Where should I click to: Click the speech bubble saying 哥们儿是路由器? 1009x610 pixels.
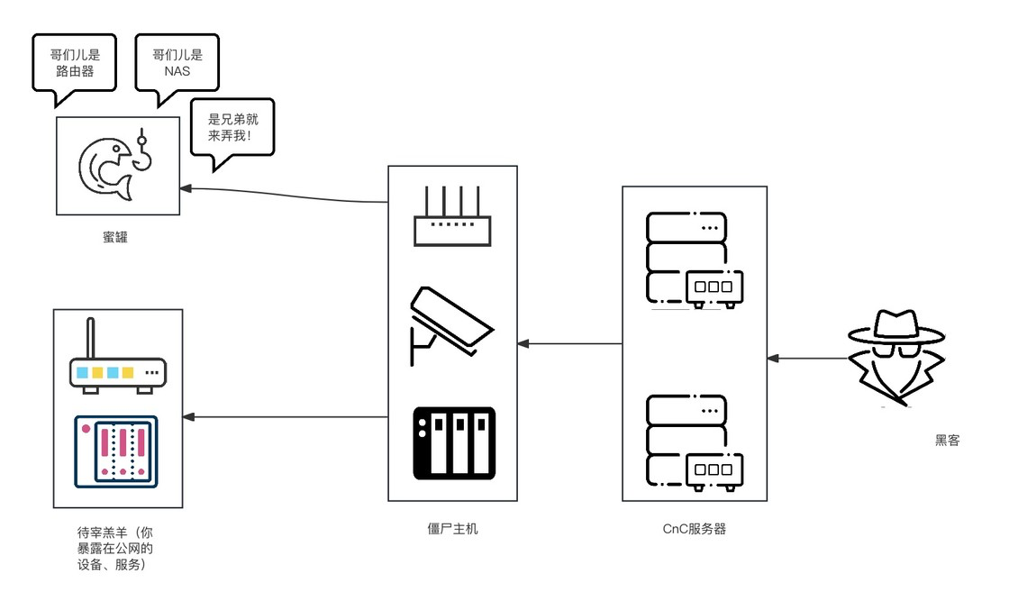pyautogui.click(x=75, y=63)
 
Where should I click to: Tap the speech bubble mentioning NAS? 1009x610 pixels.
pyautogui.click(x=177, y=63)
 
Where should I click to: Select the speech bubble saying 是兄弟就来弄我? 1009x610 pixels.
pyautogui.click(x=233, y=127)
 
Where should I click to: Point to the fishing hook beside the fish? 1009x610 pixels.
pyautogui.click(x=143, y=153)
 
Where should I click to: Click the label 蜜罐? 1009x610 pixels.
pyautogui.click(x=115, y=238)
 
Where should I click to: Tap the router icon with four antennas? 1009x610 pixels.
pyautogui.click(x=452, y=216)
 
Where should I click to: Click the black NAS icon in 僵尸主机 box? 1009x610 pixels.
pyautogui.click(x=454, y=443)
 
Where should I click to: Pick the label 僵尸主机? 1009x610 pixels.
pyautogui.click(x=452, y=529)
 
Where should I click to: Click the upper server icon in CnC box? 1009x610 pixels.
pyautogui.click(x=695, y=260)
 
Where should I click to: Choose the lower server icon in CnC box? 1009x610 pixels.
pyautogui.click(x=695, y=442)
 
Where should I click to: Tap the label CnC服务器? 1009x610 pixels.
pyautogui.click(x=695, y=529)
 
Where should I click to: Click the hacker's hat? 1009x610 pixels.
pyautogui.click(x=896, y=328)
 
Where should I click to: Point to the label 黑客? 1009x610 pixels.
pyautogui.click(x=947, y=440)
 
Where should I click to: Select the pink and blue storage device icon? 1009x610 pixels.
pyautogui.click(x=116, y=451)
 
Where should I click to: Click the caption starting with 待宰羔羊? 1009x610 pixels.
pyautogui.click(x=115, y=548)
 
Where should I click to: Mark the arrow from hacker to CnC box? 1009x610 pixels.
pyautogui.click(x=807, y=359)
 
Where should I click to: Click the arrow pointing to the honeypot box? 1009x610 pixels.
pyautogui.click(x=283, y=195)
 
